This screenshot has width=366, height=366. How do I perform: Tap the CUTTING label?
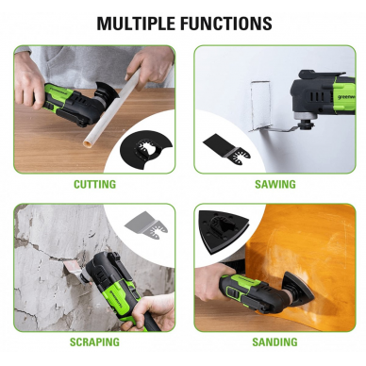[94, 184]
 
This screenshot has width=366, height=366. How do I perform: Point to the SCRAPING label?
[94, 341]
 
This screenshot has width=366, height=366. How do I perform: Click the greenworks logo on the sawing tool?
[334, 85]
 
